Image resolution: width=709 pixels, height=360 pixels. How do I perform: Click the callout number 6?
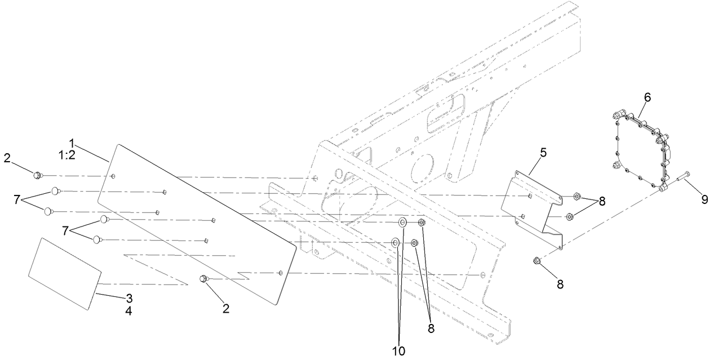point(647,97)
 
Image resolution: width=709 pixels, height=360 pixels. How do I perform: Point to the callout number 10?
point(399,350)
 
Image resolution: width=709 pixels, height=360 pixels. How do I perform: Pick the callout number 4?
point(128,311)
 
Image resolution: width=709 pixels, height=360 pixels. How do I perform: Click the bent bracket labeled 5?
point(535,208)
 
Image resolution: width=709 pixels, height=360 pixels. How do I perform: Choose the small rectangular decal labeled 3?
point(64,273)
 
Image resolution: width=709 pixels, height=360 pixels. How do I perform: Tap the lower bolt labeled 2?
point(203,279)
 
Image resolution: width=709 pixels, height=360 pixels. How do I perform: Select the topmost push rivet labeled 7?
point(56,191)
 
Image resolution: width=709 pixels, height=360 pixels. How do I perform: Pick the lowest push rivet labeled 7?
point(98,239)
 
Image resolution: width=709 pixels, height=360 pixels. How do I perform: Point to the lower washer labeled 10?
point(396,243)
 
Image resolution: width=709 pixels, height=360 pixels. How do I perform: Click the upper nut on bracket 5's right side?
point(577,196)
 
